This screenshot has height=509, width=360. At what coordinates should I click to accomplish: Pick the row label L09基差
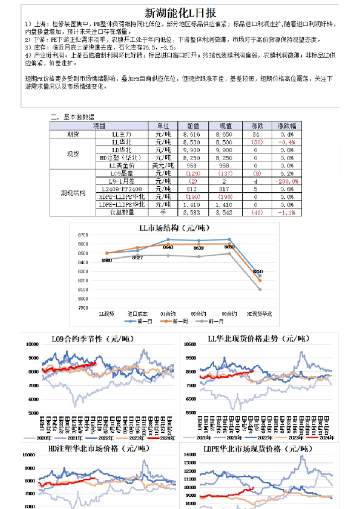129,173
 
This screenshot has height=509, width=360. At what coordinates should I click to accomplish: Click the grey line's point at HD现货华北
261,290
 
